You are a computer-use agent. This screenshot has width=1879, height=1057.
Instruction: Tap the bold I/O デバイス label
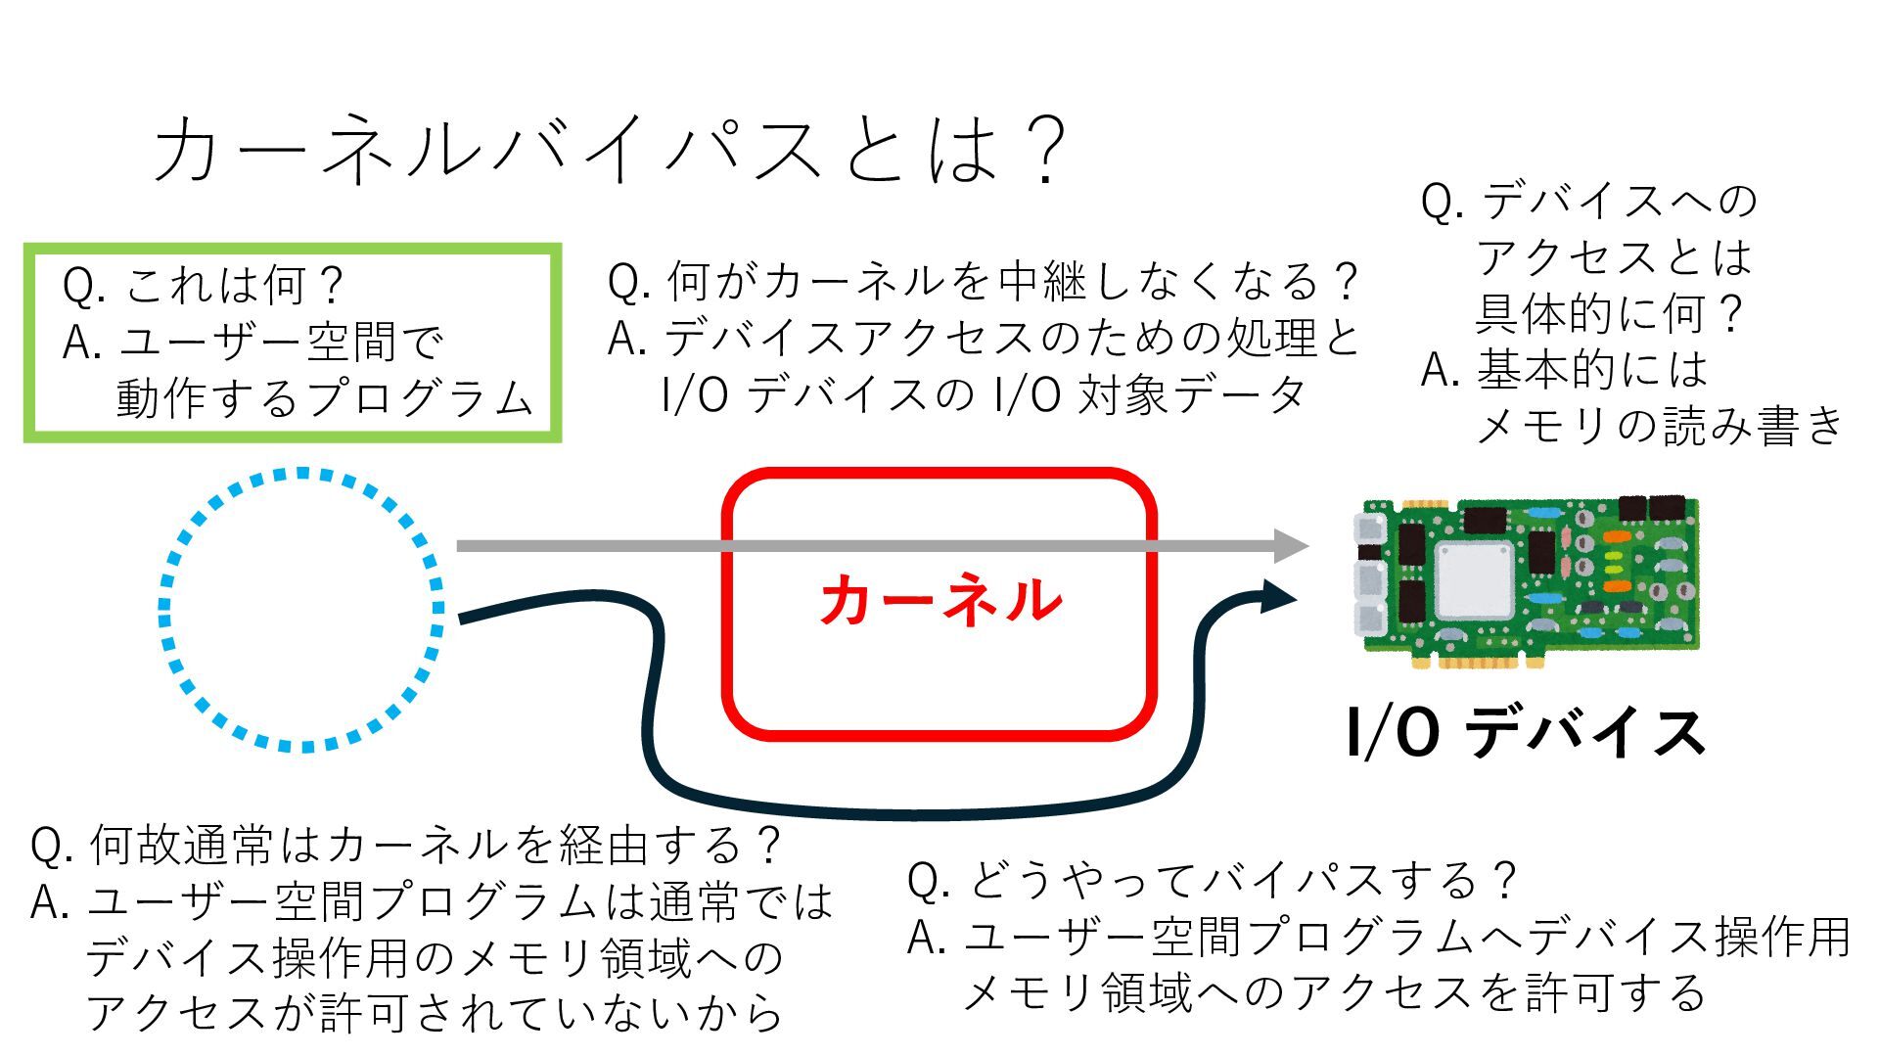1526,732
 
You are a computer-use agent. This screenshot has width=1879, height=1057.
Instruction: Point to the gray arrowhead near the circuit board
1292,545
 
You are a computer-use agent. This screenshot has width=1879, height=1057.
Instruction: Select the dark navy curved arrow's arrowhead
1277,595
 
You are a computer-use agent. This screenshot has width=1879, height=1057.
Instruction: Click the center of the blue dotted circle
301,610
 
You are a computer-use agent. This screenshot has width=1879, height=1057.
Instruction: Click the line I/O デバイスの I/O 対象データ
984,394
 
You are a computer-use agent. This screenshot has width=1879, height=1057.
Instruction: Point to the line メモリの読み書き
1658,426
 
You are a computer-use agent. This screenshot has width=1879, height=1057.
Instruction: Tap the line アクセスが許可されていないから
435,1013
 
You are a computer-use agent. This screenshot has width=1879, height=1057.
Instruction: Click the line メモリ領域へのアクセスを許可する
1335,992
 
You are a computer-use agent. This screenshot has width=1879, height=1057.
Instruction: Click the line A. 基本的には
1564,370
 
